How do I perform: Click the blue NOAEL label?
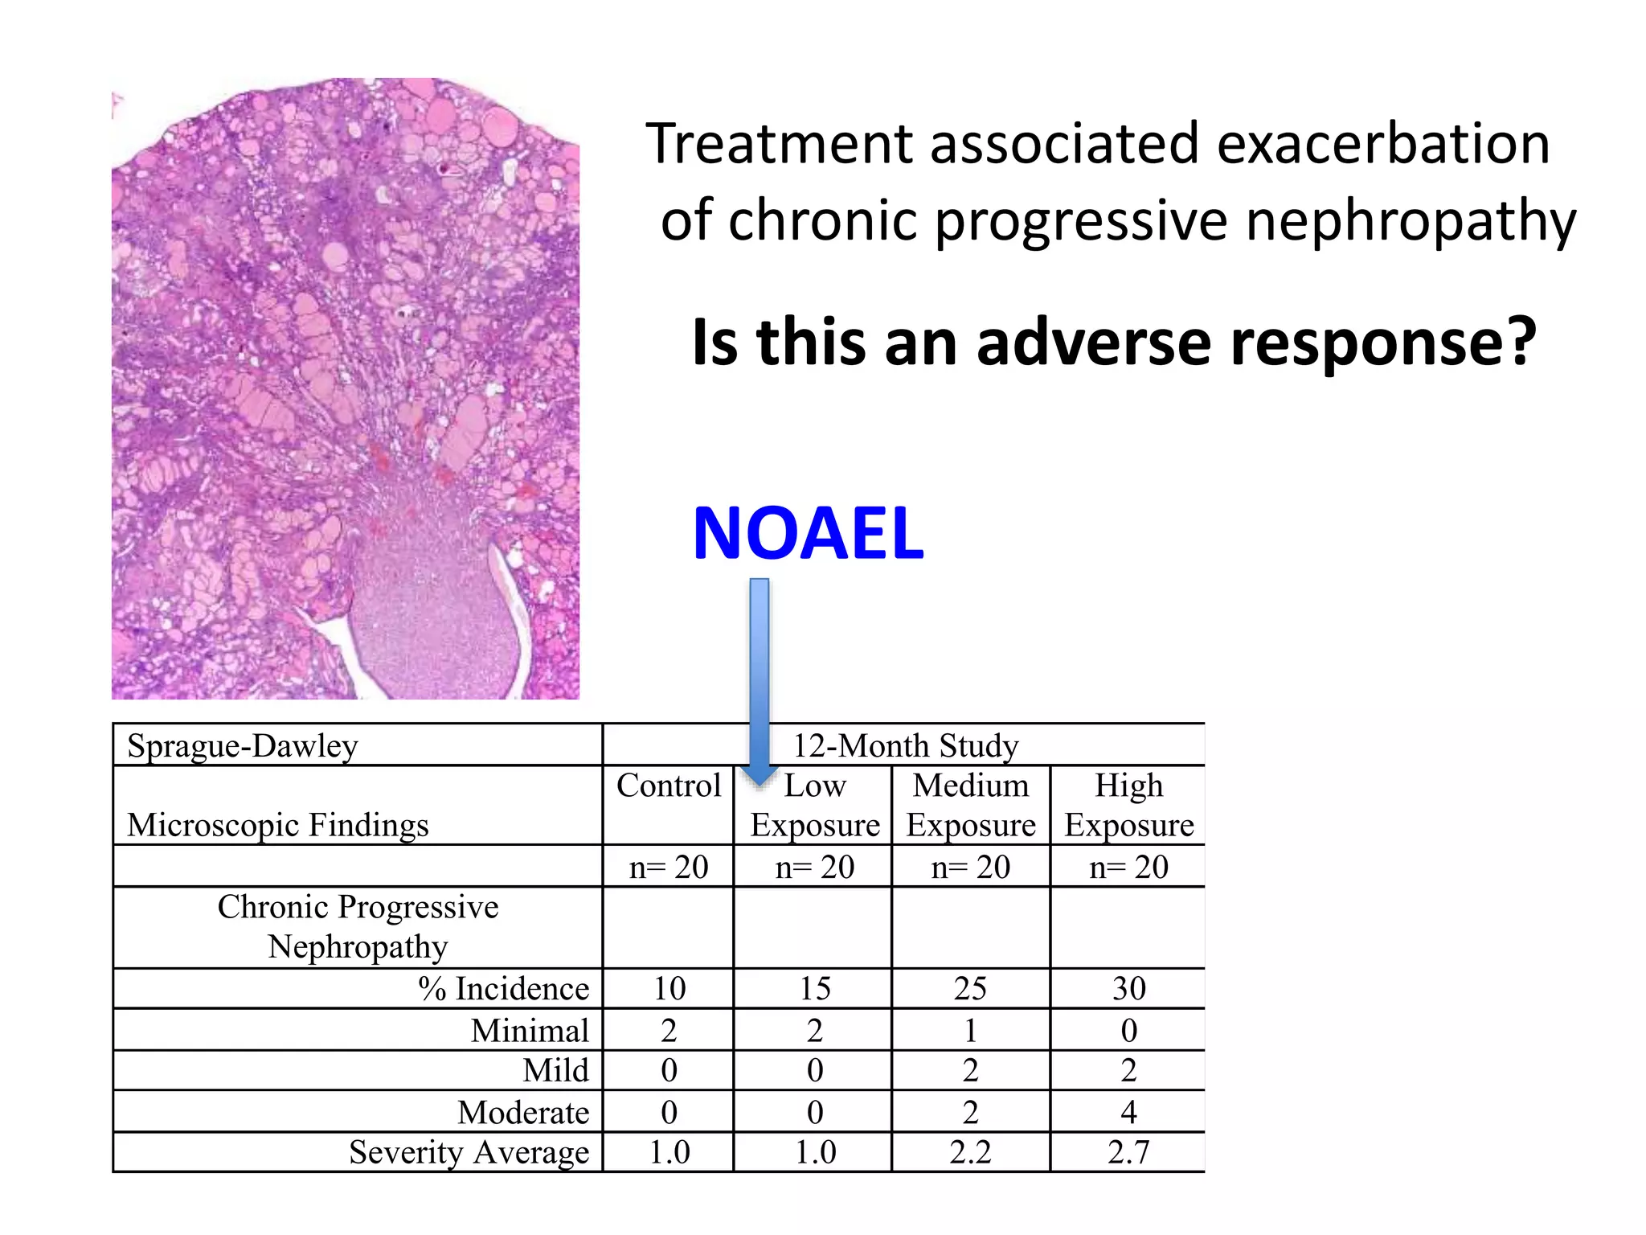coord(808,533)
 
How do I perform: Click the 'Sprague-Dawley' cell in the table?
coord(242,745)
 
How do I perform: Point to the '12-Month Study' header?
coord(906,745)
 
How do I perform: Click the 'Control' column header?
coord(669,786)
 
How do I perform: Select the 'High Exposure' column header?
coord(1128,805)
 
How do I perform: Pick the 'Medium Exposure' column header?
coord(971,805)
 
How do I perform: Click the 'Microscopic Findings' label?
coord(278,825)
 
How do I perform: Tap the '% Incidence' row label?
coord(504,988)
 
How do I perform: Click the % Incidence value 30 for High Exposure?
coord(1128,988)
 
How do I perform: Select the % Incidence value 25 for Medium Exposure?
coord(971,988)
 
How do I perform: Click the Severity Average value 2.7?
coord(1128,1152)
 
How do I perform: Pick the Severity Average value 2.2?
coord(971,1152)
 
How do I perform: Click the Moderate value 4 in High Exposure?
coord(1128,1112)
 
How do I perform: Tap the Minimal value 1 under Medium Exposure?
coord(971,1030)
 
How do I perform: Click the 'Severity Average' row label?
coord(469,1152)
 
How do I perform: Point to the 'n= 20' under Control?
coord(669,867)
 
